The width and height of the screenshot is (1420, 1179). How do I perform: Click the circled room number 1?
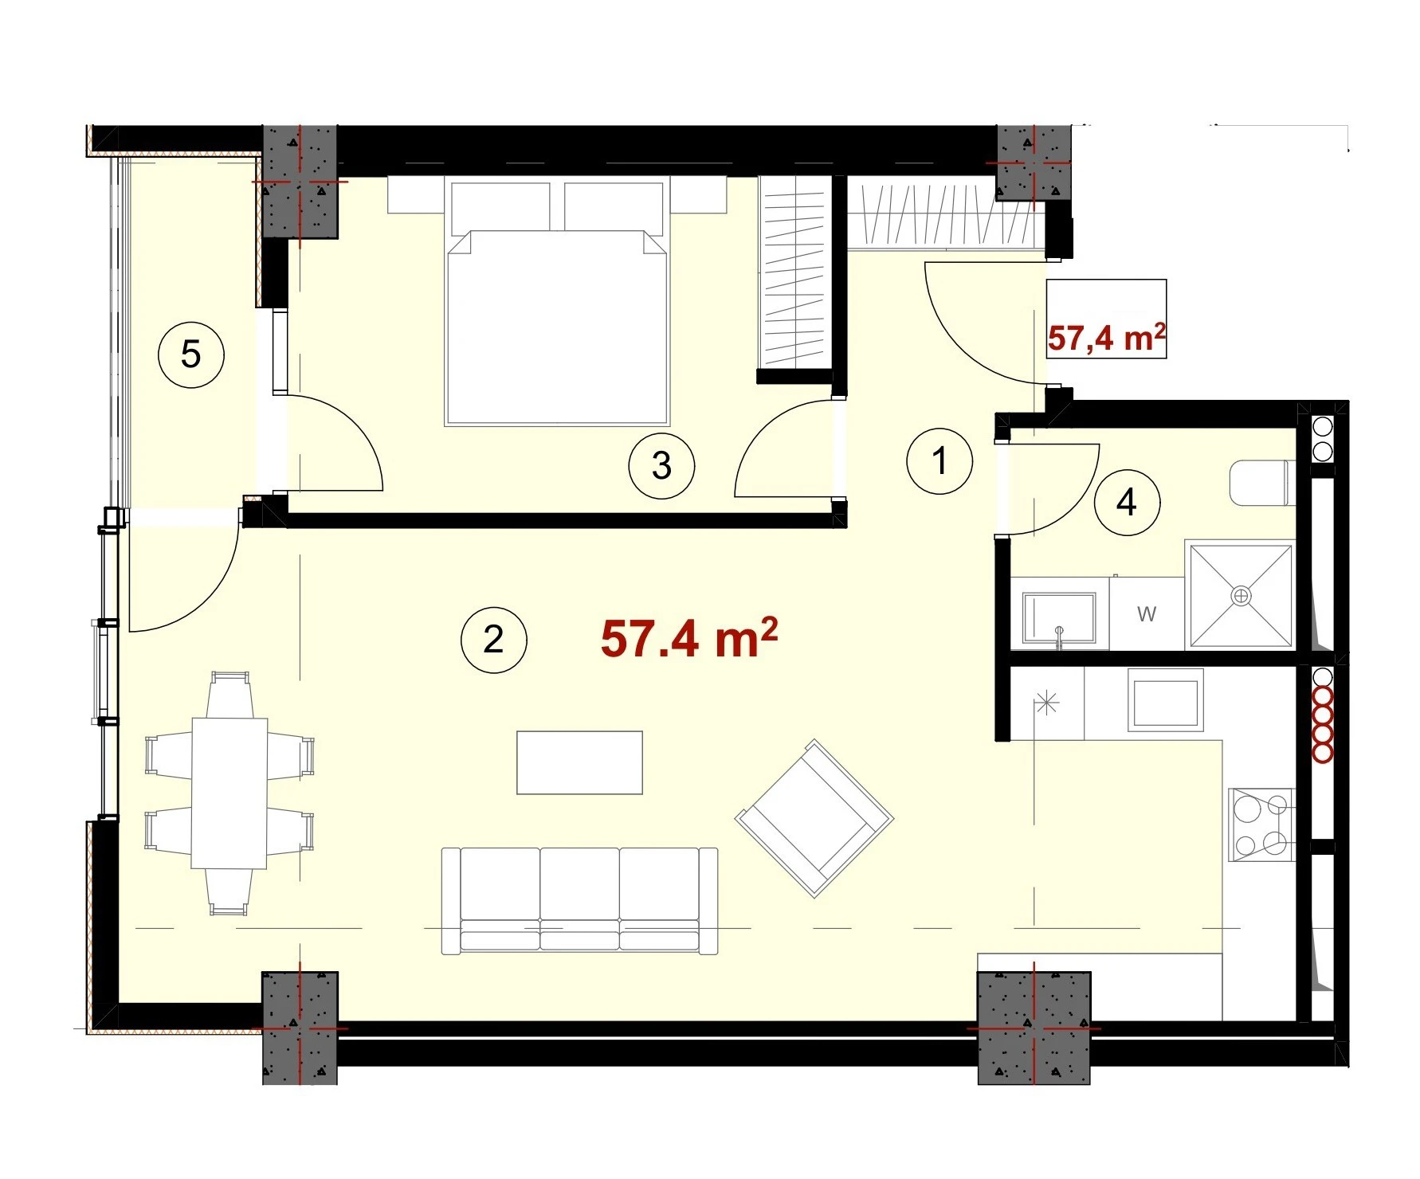(x=939, y=460)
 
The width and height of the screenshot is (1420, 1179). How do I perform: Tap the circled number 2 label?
(x=494, y=640)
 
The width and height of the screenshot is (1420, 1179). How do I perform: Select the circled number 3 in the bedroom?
(x=661, y=466)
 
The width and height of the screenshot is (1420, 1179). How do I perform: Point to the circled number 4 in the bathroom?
(x=1127, y=503)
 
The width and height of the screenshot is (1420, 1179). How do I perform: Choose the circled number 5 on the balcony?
(x=191, y=354)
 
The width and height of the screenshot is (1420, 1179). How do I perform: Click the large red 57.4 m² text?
(x=689, y=638)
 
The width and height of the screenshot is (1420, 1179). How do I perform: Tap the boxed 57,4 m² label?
(x=1107, y=338)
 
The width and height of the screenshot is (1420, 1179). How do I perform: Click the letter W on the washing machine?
(x=1147, y=614)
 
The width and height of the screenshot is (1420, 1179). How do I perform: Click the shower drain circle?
(x=1242, y=596)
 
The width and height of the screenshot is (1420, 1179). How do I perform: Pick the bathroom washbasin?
(x=1060, y=618)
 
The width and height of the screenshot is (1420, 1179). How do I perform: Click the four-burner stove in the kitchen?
(x=1261, y=825)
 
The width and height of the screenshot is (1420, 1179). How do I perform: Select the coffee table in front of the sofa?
(x=579, y=762)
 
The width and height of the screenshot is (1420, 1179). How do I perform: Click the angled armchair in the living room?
(x=814, y=818)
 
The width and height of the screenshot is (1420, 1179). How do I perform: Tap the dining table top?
(x=229, y=793)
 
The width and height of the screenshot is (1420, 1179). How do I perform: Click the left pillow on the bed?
(x=501, y=208)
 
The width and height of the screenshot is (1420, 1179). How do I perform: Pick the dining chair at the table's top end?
(x=229, y=695)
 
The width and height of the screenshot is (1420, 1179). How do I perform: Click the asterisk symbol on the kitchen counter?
(x=1046, y=703)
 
